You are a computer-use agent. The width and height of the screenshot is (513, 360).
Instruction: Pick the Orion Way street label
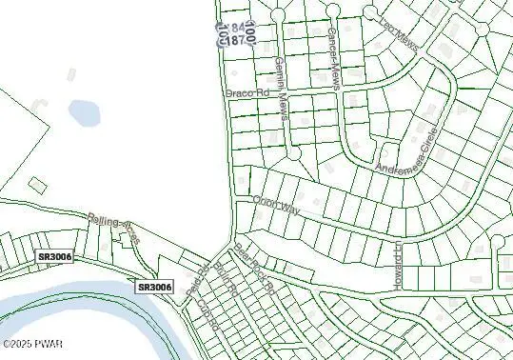pyautogui.click(x=276, y=204)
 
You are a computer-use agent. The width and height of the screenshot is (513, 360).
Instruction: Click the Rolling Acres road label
pyautogui.click(x=113, y=230)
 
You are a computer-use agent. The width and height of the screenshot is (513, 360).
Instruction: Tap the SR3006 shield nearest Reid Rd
pyautogui.click(x=155, y=287)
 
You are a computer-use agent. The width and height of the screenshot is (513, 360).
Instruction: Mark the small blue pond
pyautogui.click(x=84, y=113)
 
